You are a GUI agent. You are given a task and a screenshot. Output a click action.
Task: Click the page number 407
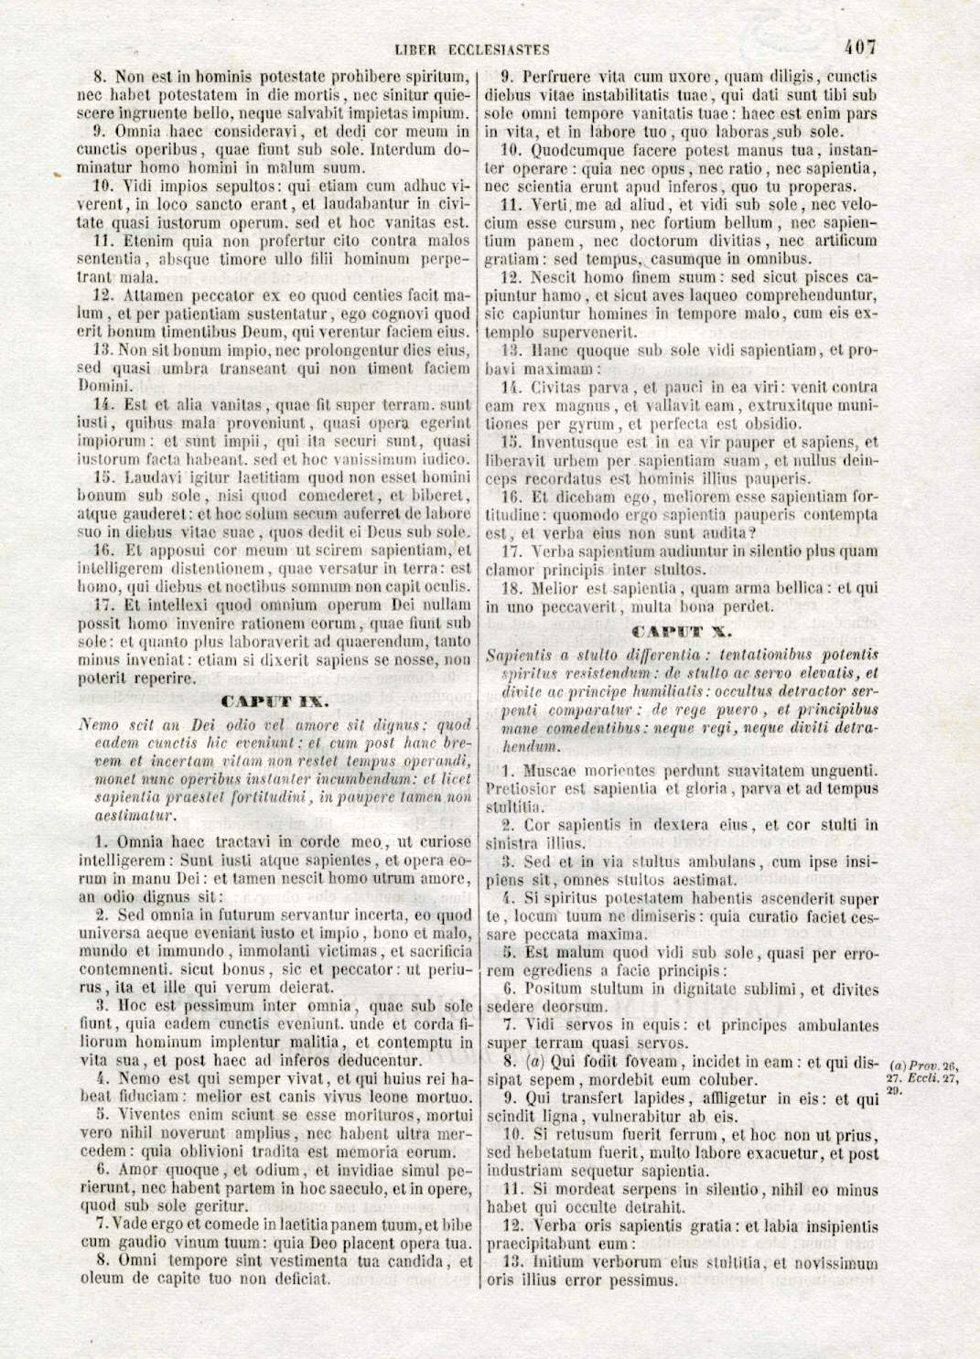(861, 47)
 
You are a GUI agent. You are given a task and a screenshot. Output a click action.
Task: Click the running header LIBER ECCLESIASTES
(472, 49)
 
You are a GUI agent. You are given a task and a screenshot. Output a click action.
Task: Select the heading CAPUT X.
(682, 631)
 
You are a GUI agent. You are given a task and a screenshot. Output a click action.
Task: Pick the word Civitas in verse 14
(557, 387)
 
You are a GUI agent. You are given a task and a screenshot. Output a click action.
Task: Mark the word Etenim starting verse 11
(142, 241)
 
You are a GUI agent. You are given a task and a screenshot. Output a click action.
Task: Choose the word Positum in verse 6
(558, 989)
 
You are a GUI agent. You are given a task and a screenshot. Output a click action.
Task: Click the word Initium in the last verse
(557, 1262)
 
